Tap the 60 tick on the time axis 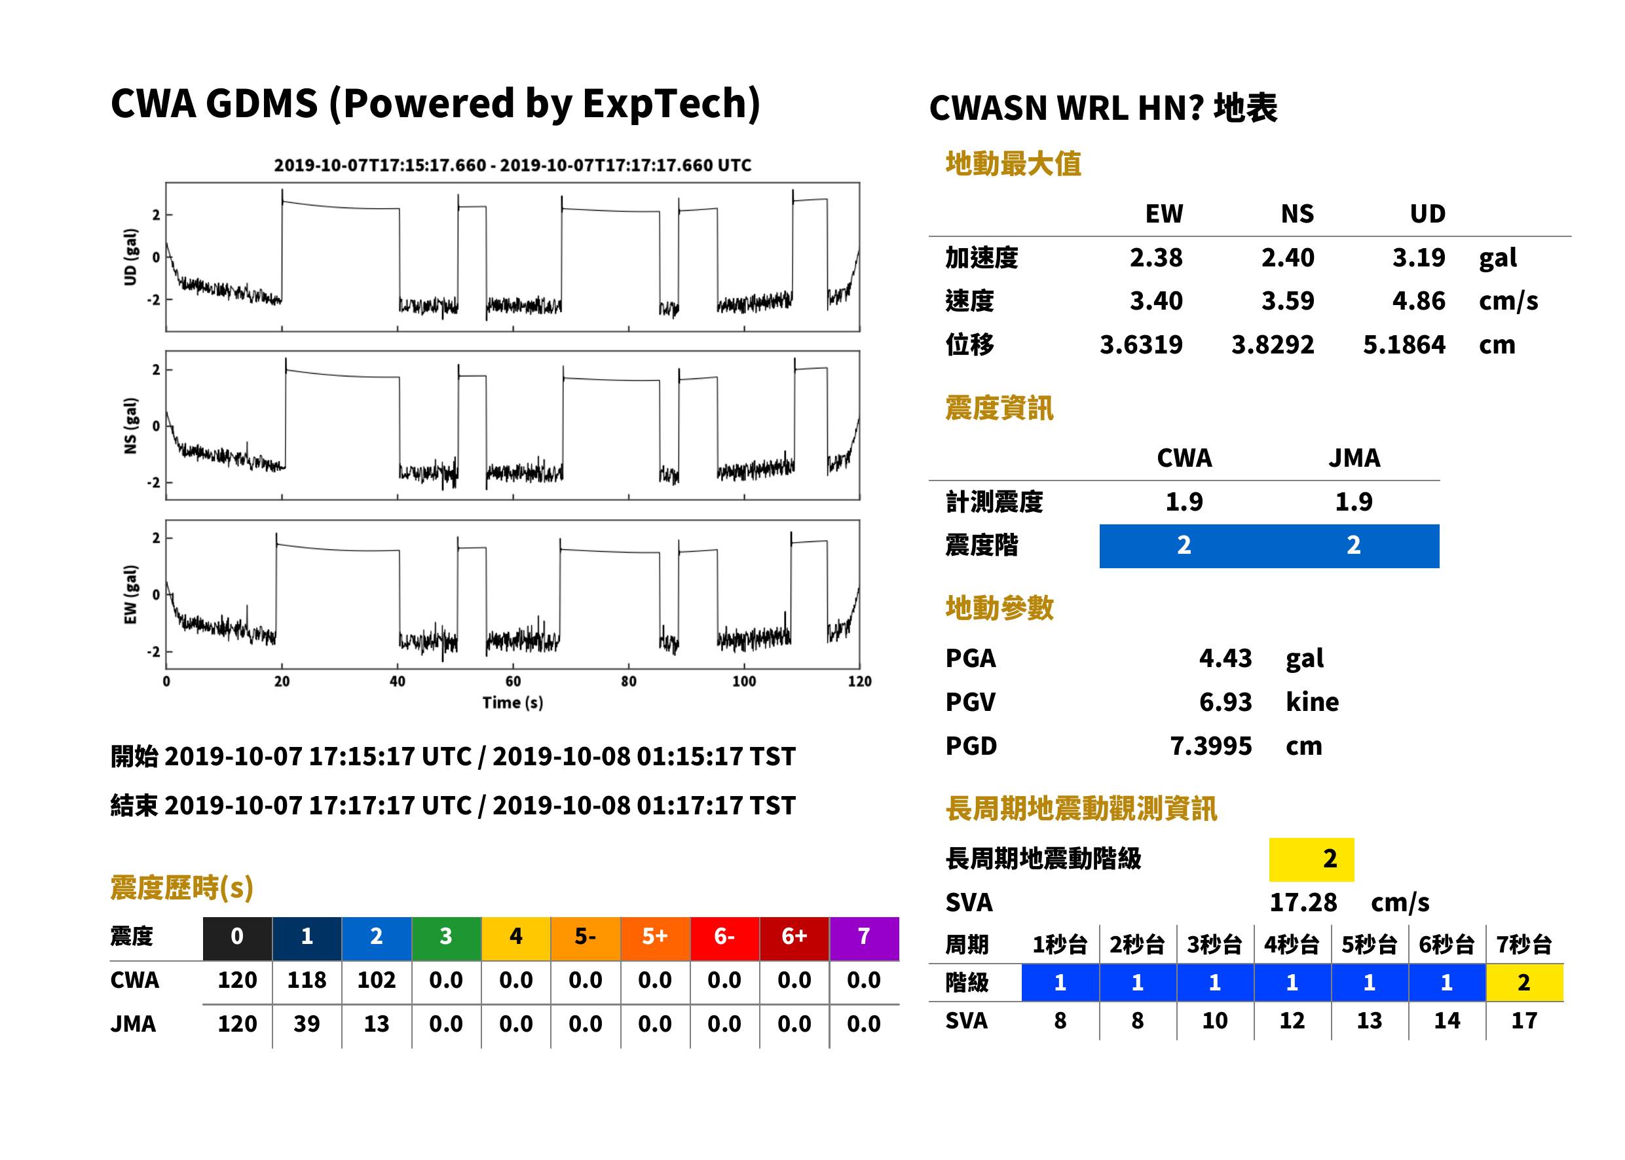513,681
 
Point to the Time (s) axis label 512,703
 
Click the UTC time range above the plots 512,166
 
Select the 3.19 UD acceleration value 1419,258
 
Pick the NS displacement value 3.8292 1273,345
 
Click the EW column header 1164,214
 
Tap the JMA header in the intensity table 1354,458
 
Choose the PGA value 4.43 1225,658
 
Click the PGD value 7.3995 1211,746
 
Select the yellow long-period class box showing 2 1311,860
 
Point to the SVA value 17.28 1303,903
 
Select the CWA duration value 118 307,980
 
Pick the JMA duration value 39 307,1024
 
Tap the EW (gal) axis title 130,594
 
